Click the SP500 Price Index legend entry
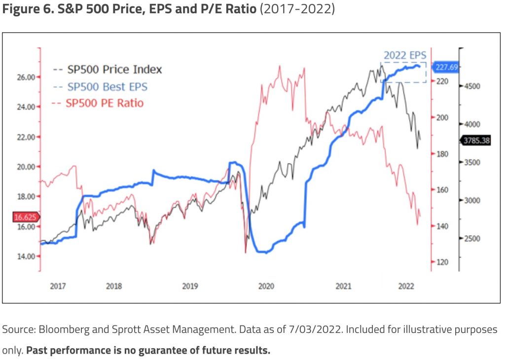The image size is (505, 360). click(114, 70)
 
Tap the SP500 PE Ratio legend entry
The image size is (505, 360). click(104, 103)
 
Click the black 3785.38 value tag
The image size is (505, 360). click(476, 141)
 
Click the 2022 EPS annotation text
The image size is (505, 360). click(404, 55)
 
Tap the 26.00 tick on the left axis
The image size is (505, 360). click(25, 77)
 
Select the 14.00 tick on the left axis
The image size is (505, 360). click(25, 256)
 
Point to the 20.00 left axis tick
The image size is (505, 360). click(25, 167)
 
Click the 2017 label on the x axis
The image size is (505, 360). click(58, 287)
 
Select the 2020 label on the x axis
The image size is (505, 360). click(266, 287)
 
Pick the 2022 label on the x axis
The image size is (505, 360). click(405, 287)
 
